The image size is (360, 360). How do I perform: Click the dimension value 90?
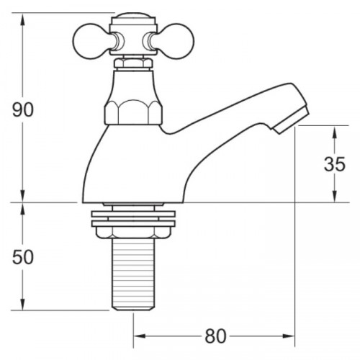[24, 109]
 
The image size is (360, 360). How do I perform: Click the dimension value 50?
[24, 257]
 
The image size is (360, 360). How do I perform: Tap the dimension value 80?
[215, 335]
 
